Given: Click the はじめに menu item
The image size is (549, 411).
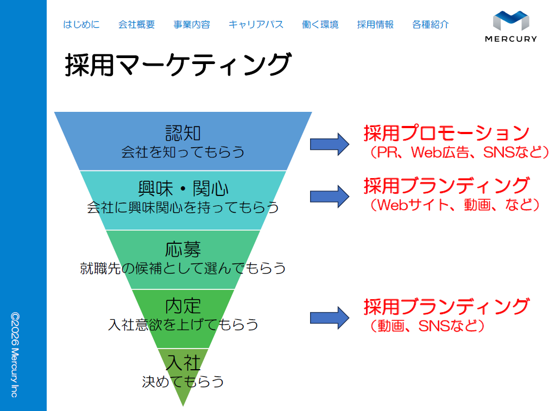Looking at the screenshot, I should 81,24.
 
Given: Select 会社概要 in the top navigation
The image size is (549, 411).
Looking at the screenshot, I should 136,24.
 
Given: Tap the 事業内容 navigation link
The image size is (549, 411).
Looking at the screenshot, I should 192,24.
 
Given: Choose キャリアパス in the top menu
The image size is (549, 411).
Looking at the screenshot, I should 256,24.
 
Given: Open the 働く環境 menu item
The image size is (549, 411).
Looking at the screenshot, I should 320,24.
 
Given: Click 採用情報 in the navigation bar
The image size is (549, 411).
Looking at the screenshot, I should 375,24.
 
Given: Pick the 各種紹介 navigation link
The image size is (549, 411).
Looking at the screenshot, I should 431,24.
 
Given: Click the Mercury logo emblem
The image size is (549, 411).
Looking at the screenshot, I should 510,21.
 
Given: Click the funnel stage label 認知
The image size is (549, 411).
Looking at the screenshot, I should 183,133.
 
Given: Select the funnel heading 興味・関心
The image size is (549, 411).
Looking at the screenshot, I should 183,189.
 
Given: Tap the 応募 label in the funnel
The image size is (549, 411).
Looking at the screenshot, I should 183,250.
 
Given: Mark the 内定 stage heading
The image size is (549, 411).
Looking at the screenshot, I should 183,306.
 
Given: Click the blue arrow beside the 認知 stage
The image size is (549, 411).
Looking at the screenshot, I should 329,143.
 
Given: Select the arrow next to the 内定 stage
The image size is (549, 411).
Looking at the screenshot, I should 329,317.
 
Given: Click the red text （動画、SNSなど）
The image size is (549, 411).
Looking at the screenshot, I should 424,326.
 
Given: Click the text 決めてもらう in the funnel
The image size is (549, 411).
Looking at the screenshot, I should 183,381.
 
